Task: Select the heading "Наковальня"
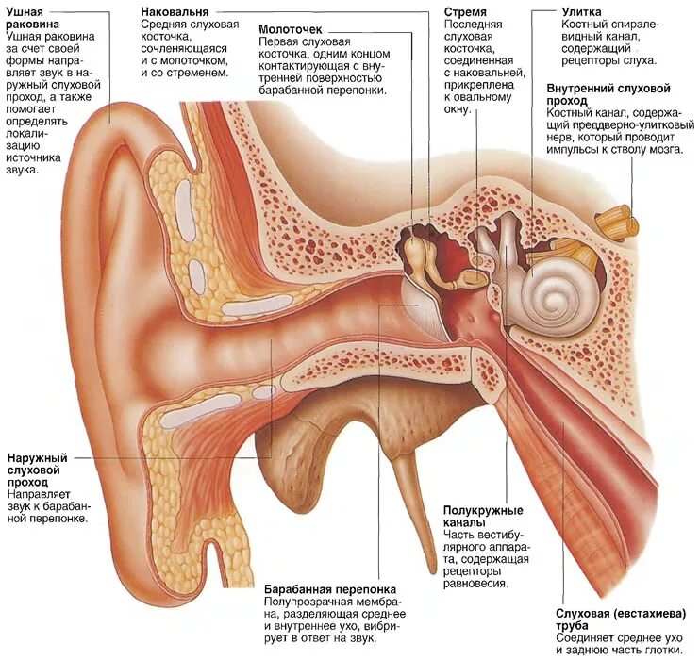pos(175,10)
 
